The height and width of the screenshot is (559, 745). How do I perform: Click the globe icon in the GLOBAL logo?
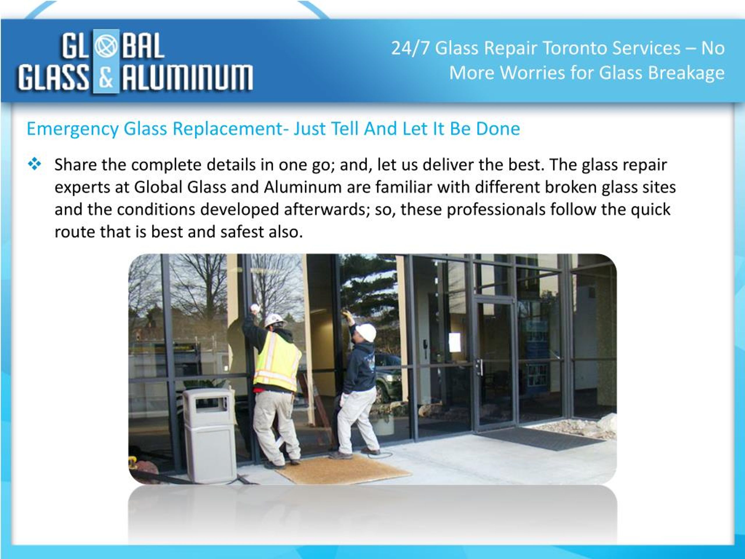pyautogui.click(x=106, y=47)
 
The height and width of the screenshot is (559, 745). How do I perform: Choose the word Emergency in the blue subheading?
pyautogui.click(x=72, y=129)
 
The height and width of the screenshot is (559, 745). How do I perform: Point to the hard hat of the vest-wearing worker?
pyautogui.click(x=274, y=320)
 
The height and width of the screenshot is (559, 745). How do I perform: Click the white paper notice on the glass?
pyautogui.click(x=455, y=342)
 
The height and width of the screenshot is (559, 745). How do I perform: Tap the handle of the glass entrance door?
pyautogui.click(x=480, y=367)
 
